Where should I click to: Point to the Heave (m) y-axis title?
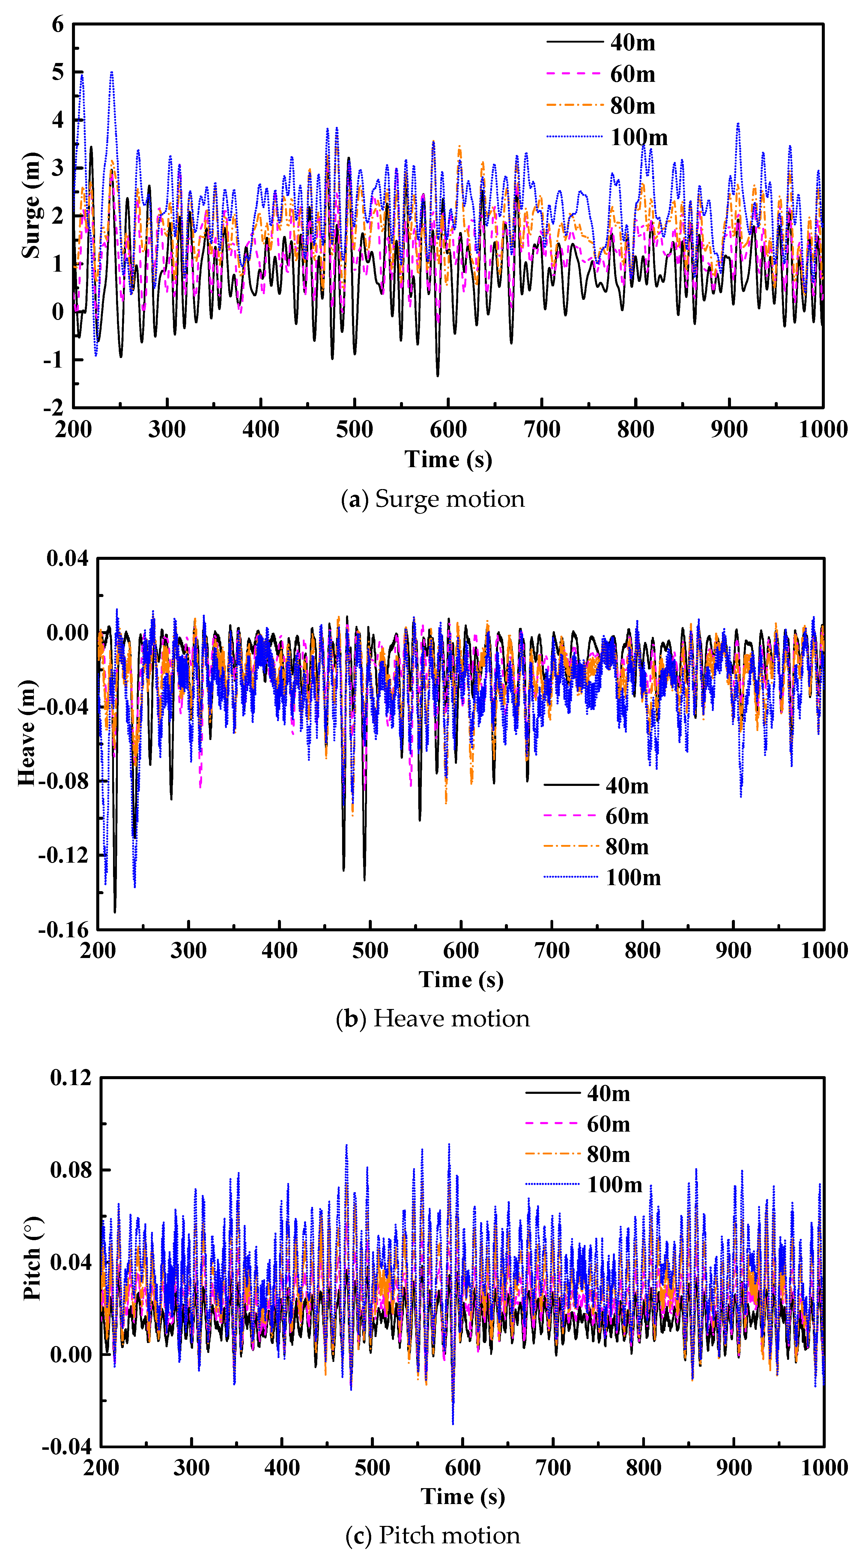27,733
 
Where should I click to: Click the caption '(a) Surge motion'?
433,499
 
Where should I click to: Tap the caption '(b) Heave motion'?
433,1019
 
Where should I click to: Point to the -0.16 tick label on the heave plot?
64,930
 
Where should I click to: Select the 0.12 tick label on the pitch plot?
71,1078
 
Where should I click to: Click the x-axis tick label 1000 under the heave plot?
824,950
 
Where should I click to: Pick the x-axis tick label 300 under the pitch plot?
192,1467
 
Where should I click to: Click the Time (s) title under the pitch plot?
463,1496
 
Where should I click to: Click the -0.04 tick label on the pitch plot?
67,1447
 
